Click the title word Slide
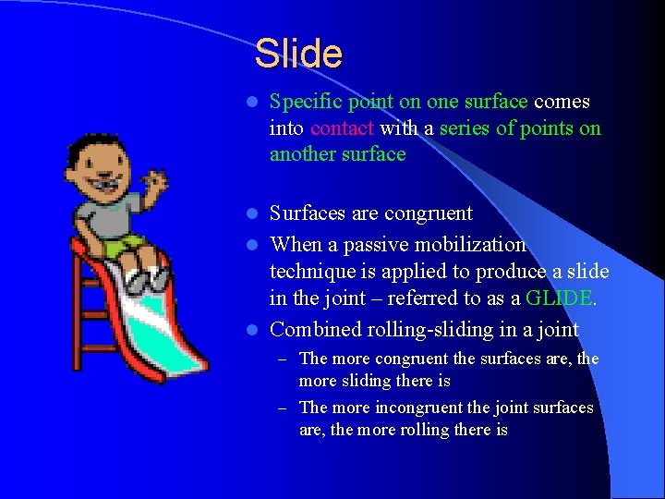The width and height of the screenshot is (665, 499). point(298,54)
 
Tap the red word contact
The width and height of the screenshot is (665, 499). point(342,128)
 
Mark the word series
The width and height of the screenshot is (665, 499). point(465,128)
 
